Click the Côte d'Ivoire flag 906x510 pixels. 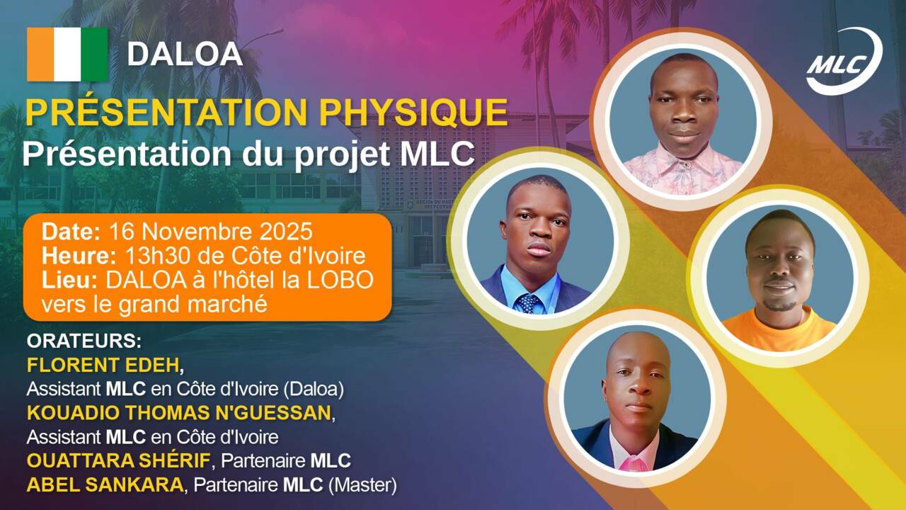click(67, 55)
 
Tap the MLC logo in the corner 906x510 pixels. click(844, 62)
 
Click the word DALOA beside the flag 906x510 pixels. click(185, 55)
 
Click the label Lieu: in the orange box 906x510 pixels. click(69, 280)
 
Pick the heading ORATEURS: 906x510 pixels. click(84, 341)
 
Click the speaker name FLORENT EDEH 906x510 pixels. click(104, 365)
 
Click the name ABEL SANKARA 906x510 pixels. click(107, 485)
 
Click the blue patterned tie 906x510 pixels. click(528, 303)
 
